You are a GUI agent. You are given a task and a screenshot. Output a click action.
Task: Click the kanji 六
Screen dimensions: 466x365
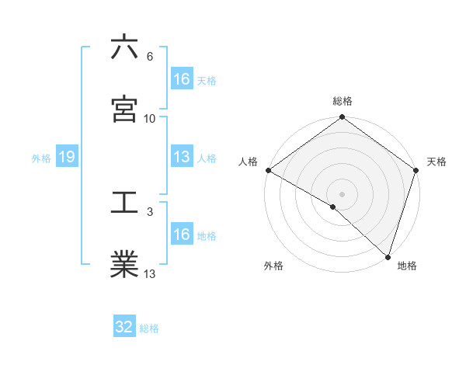124,48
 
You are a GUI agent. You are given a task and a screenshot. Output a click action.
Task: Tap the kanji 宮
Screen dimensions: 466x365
124,109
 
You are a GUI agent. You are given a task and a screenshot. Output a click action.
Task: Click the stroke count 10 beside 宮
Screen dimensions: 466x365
150,118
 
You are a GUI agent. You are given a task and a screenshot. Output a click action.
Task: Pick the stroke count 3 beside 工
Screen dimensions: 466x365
149,211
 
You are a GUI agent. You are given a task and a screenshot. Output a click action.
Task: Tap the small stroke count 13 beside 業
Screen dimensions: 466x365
150,273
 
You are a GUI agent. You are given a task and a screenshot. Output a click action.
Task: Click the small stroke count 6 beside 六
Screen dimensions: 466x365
149,57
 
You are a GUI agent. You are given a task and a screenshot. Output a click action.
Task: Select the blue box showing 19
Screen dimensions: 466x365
67,157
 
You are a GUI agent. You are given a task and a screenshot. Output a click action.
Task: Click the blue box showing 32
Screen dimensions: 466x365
124,327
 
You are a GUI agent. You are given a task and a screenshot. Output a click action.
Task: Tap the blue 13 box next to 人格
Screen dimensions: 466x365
182,157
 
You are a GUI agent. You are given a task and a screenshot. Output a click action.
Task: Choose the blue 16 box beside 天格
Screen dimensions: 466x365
182,79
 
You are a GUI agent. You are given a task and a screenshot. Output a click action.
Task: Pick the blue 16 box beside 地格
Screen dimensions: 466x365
182,235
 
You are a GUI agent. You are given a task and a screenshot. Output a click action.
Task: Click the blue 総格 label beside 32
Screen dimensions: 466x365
149,328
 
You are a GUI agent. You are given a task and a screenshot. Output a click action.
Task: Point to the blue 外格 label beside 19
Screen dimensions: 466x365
41,158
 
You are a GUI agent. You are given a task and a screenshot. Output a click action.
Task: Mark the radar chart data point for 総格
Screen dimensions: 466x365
342,118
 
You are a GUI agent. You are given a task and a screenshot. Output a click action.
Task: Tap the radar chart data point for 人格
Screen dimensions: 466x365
268,171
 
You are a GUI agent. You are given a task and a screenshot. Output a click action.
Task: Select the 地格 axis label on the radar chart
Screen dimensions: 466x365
407,266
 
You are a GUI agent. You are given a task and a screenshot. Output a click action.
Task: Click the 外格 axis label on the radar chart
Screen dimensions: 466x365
273,266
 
